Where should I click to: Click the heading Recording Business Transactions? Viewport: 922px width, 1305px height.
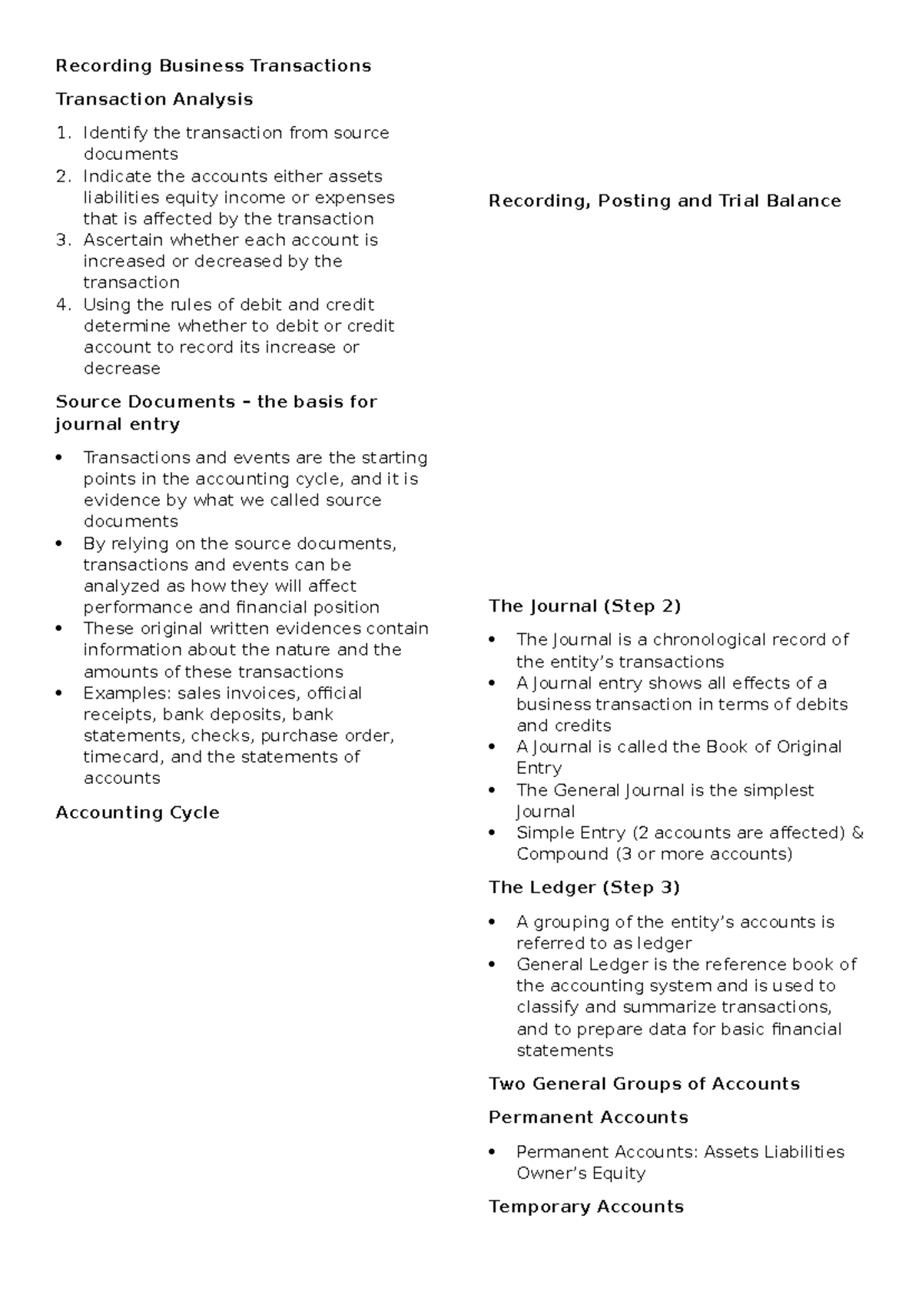coord(213,66)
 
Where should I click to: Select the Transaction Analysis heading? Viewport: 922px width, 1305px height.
coord(154,99)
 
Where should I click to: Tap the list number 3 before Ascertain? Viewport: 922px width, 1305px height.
coord(62,240)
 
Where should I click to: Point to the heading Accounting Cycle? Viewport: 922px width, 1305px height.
coord(138,812)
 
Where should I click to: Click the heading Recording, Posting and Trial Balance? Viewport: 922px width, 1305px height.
coord(665,201)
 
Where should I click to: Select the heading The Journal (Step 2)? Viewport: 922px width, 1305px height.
coord(585,606)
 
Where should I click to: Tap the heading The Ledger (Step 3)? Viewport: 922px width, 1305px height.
coord(584,887)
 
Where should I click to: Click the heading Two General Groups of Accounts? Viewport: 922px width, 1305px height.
coord(644,1084)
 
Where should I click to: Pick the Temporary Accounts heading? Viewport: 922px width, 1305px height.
coord(585,1207)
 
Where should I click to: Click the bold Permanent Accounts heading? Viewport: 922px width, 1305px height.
coord(588,1117)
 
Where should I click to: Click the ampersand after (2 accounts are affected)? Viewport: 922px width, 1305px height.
coord(857,832)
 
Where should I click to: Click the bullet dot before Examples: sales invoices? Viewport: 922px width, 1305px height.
coord(59,693)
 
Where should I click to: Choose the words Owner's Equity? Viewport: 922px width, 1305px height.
coord(580,1173)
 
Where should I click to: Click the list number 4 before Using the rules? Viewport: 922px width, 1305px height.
coord(62,304)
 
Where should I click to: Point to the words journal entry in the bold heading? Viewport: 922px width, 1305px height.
coord(117,424)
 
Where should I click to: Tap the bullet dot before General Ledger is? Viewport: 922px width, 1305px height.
coord(493,965)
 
